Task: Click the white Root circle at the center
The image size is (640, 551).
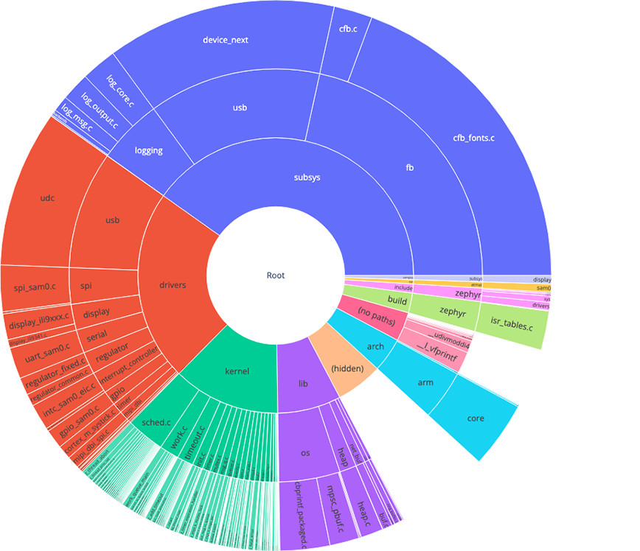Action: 275,275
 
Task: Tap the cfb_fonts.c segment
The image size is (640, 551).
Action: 472,137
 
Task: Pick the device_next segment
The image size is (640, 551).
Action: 225,40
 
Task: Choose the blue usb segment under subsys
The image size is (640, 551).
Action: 240,108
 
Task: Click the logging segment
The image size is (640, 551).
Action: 148,150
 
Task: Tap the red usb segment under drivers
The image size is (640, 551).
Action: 112,220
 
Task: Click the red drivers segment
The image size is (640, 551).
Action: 173,284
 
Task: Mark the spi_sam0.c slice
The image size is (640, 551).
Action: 35,285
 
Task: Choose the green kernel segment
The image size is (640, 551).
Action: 237,372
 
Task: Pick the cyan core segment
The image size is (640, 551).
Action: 476,418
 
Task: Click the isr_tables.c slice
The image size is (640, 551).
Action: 511,324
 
